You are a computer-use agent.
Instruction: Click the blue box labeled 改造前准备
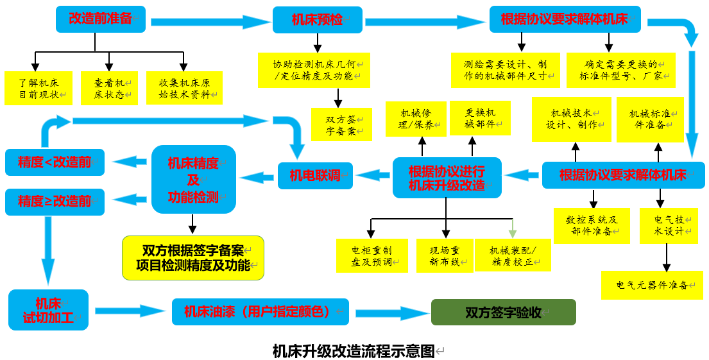tap(101, 19)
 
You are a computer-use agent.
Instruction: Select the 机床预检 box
tap(318, 20)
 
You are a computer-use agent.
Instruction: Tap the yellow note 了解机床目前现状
tap(38, 89)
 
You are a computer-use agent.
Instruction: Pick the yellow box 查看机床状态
tap(109, 89)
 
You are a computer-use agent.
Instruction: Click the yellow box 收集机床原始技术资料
tap(184, 89)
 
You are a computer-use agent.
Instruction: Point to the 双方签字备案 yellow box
tap(341, 124)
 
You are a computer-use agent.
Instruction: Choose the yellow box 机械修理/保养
tap(416, 119)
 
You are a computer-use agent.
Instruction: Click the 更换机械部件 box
tap(480, 118)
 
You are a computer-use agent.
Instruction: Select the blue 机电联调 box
tap(315, 175)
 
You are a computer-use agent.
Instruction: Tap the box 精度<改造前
tap(55, 162)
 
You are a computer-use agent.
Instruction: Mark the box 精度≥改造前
tap(55, 201)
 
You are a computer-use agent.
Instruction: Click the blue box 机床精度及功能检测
tap(194, 180)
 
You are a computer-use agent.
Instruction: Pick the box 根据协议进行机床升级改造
tap(447, 178)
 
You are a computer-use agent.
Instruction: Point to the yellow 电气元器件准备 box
tap(652, 285)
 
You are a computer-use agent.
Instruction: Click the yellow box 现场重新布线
tap(445, 255)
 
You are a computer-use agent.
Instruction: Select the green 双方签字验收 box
tap(503, 313)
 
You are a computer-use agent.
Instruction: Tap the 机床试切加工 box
tap(49, 310)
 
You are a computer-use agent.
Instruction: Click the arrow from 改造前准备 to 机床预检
tap(211, 22)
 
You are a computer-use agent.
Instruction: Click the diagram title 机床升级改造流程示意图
tap(354, 351)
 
